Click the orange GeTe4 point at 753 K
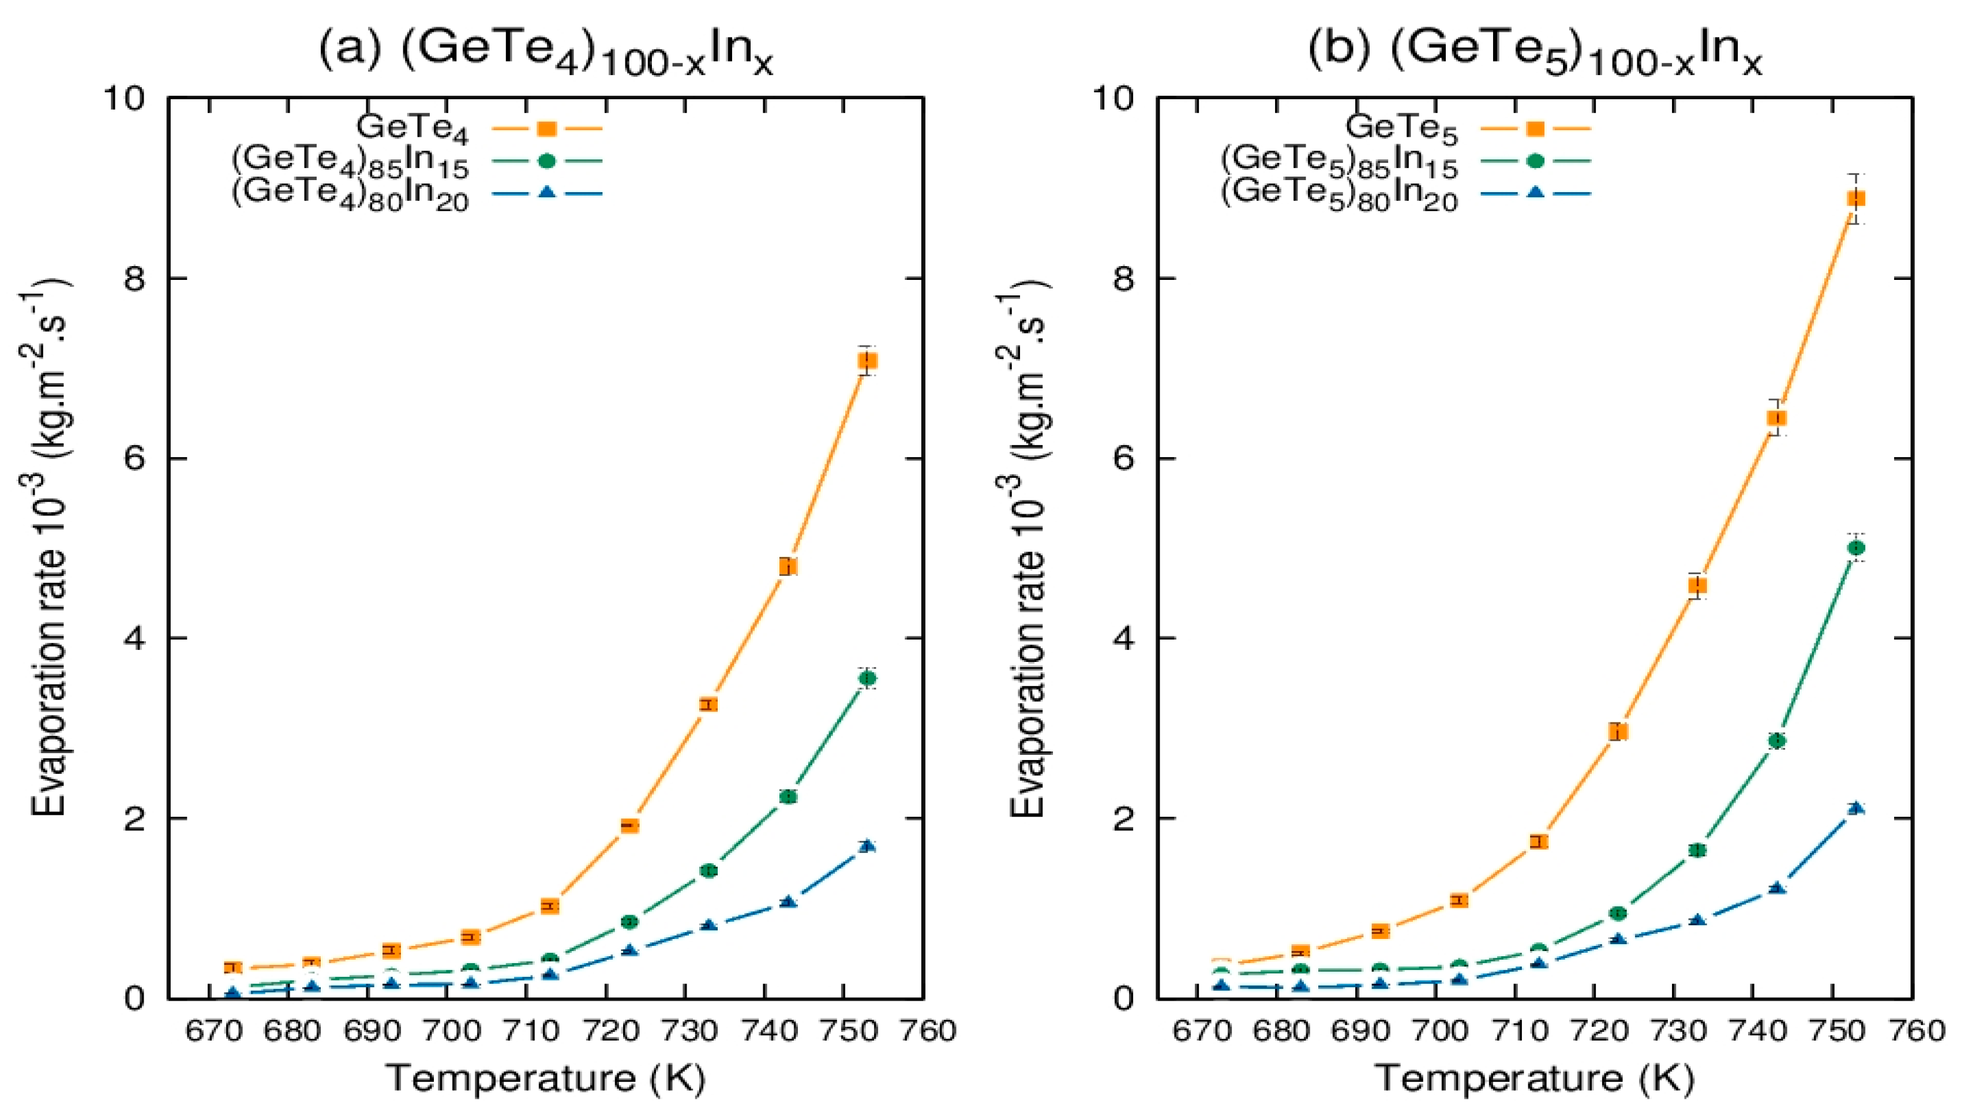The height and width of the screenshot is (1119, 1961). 867,361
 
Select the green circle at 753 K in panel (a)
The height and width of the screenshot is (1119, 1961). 867,678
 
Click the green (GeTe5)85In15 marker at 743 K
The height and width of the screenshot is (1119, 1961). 1776,740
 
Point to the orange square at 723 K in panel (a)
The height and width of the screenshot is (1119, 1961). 629,825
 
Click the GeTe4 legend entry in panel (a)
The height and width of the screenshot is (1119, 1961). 413,129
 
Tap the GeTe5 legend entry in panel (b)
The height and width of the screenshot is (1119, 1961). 1402,129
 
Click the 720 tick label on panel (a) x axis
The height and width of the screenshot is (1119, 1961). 619,1030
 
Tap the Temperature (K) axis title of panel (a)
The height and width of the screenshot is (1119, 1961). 545,1078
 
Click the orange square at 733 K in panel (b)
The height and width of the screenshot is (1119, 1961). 1697,585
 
